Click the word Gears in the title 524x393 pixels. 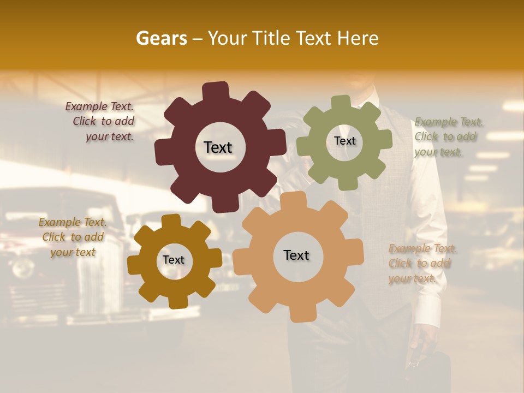(161, 38)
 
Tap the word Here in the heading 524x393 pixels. (358, 38)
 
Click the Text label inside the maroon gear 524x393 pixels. (218, 147)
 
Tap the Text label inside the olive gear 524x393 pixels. (344, 141)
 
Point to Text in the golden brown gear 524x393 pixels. (174, 260)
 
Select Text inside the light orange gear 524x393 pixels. (296, 255)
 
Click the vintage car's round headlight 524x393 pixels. (23, 267)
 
